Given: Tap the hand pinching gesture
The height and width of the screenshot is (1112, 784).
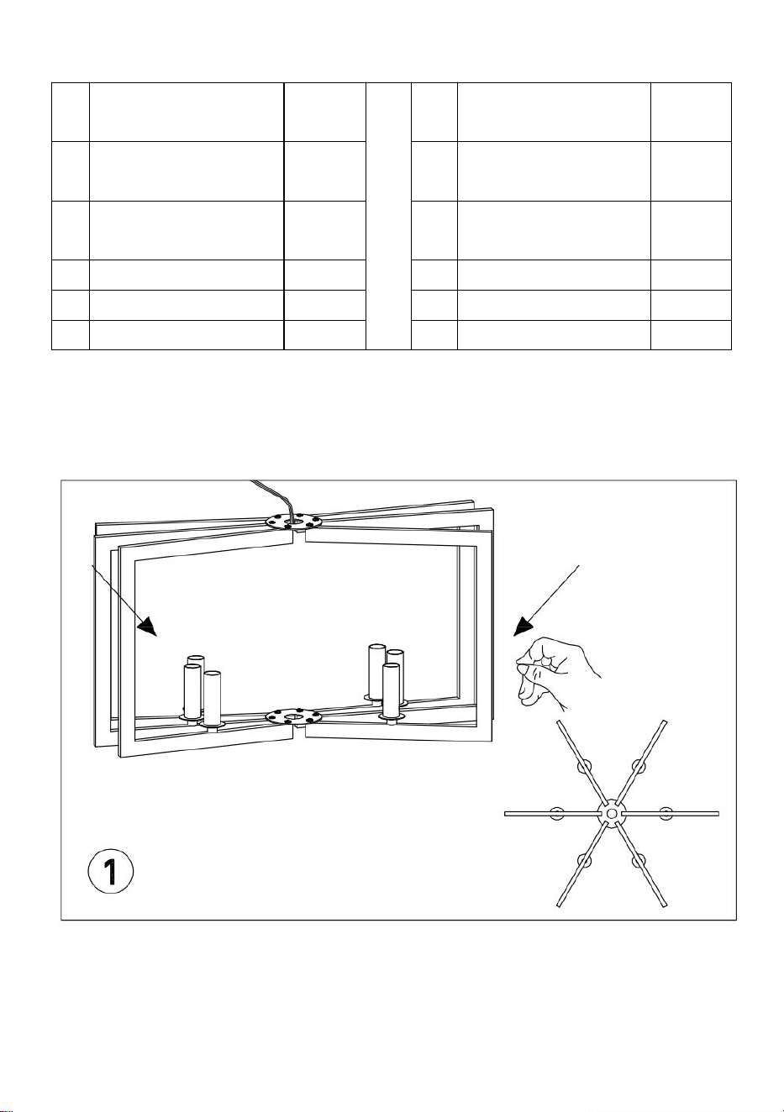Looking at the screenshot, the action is tap(555, 672).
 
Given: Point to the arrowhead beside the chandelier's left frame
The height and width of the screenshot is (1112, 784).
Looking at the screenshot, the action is tap(147, 626).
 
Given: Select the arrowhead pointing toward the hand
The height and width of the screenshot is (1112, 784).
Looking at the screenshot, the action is tap(524, 627).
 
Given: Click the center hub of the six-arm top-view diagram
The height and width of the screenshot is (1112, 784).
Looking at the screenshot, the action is tap(612, 813).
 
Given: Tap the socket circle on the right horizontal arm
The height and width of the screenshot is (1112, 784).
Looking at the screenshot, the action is tap(666, 813).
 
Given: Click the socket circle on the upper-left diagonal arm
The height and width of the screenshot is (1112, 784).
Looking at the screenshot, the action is tap(584, 767).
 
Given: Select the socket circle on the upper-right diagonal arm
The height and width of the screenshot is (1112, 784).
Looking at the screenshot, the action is tap(639, 767).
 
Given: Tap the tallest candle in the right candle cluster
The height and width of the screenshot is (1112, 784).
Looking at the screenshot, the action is tap(376, 670).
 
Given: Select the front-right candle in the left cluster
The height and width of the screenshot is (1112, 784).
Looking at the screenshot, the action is tap(212, 698).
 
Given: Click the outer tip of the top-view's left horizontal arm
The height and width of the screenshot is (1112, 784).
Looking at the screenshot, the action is tap(505, 813).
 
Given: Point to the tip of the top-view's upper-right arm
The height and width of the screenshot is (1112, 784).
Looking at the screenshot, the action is tap(665, 721).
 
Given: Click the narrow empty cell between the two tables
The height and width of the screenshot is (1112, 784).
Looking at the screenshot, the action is tap(388, 217).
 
